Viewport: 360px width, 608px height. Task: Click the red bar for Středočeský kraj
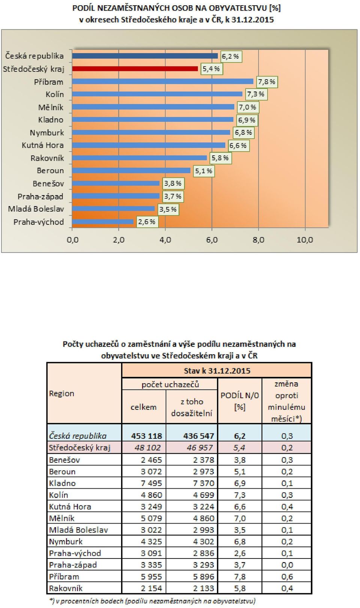[x=135, y=69]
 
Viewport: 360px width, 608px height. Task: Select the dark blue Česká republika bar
[x=145, y=56]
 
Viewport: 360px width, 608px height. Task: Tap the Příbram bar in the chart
[x=163, y=81]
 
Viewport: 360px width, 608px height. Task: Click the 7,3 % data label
[x=256, y=94]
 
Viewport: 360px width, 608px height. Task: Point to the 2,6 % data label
[x=147, y=222]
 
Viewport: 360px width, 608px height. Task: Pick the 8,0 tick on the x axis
[x=258, y=240]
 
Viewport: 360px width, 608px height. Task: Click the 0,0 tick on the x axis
[x=72, y=240]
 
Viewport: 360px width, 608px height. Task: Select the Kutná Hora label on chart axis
[x=43, y=145]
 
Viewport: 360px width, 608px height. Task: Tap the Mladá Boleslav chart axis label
[x=36, y=209]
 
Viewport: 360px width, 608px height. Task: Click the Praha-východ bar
[x=103, y=222]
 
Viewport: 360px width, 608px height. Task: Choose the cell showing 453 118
[x=147, y=436]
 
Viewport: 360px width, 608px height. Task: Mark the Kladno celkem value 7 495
[x=151, y=483]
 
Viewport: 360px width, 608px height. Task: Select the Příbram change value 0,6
[x=287, y=576]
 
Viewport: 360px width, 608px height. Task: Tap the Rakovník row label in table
[x=66, y=588]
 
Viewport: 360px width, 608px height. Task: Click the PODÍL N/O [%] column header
[x=240, y=401]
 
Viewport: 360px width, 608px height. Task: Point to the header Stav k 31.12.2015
[x=217, y=371]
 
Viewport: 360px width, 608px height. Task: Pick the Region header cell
[x=61, y=394]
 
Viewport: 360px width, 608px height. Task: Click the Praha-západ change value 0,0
[x=287, y=565]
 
